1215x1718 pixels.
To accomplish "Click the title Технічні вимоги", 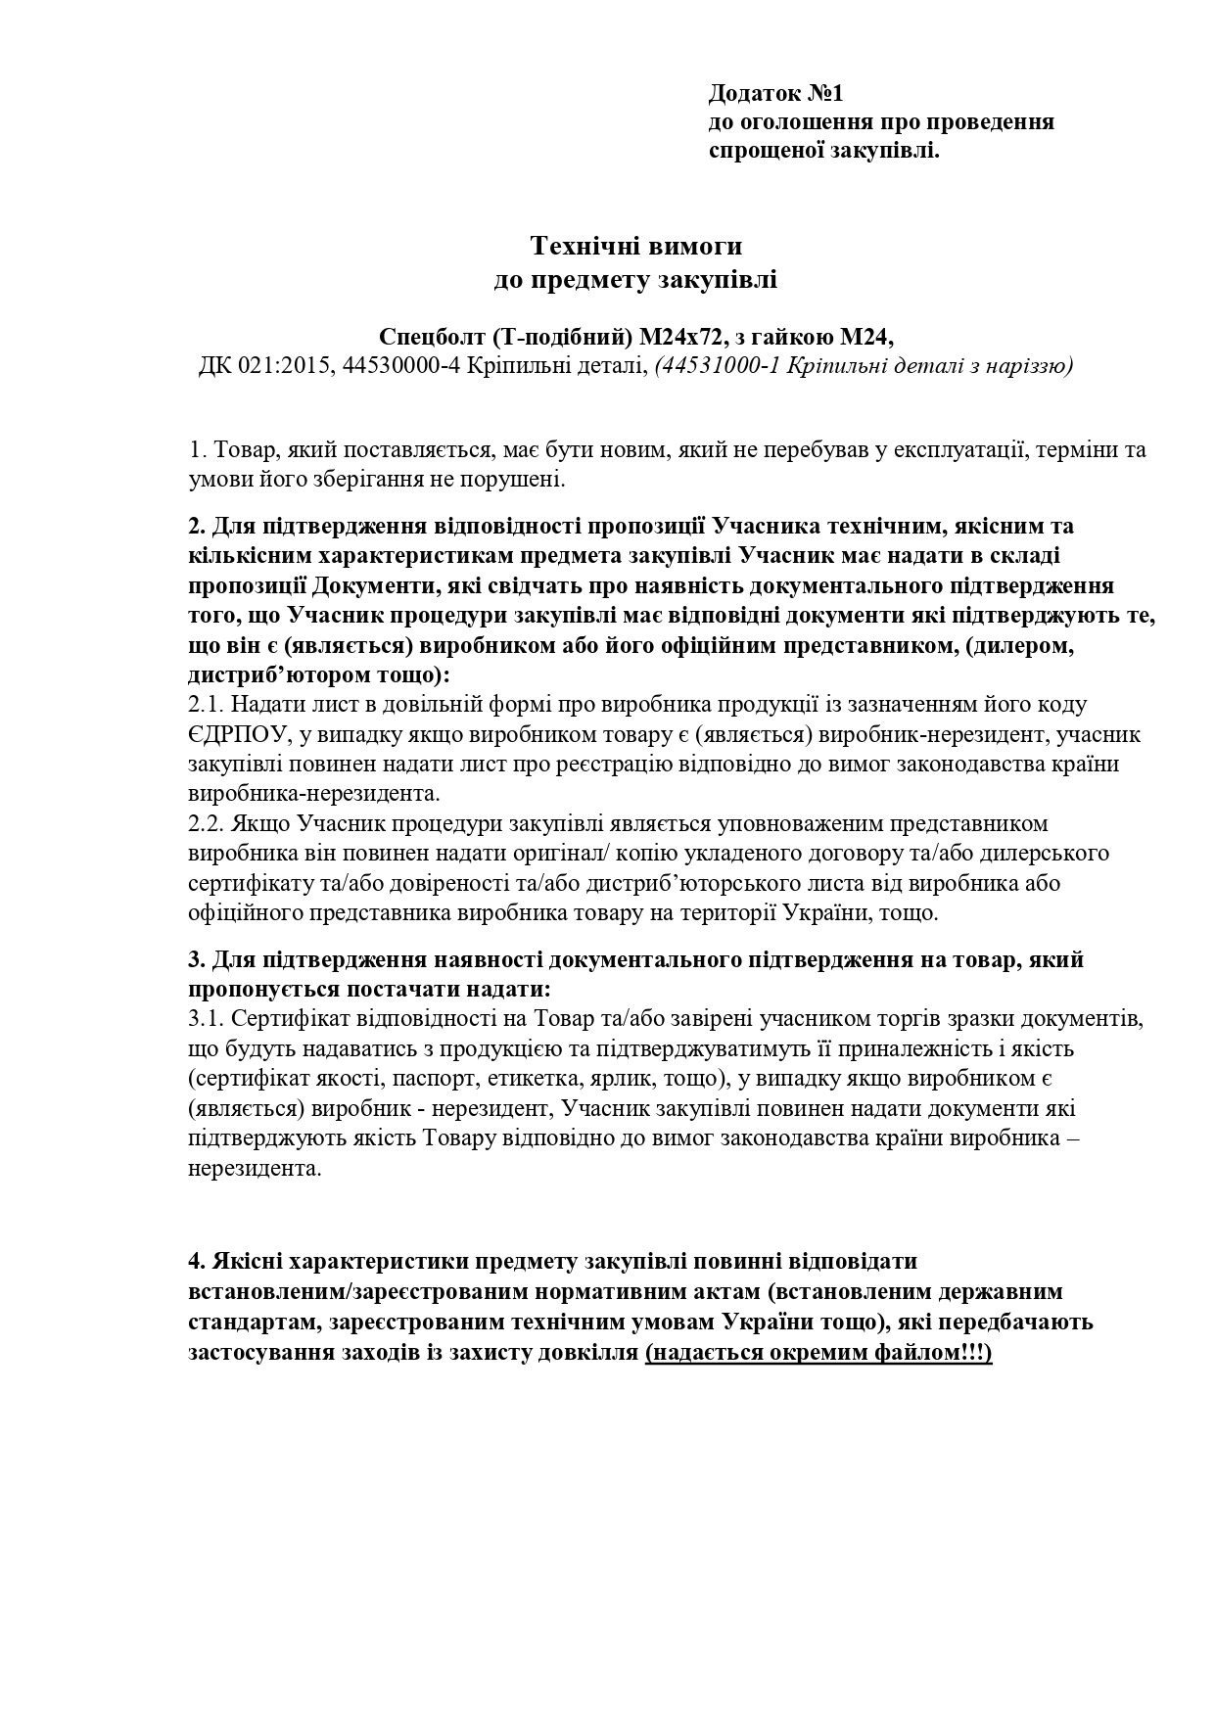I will point(636,244).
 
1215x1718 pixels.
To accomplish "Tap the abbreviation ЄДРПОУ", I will point(234,734).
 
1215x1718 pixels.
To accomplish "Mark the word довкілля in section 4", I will point(591,1354).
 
